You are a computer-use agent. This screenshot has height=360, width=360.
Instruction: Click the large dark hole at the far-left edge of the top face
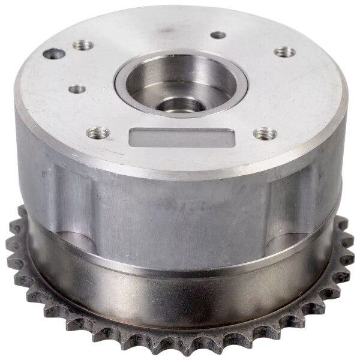click(x=54, y=53)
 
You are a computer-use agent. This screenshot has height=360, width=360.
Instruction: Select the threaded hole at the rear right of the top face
click(x=284, y=52)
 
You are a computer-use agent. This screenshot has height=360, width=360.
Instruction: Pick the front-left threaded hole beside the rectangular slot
click(x=98, y=132)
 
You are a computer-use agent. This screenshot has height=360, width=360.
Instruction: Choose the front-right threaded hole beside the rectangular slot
click(x=263, y=133)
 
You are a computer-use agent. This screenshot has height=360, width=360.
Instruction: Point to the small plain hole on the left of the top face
click(x=77, y=89)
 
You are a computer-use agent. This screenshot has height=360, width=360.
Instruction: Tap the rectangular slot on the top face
click(x=180, y=137)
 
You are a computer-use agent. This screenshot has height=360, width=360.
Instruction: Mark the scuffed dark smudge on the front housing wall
click(x=180, y=207)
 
